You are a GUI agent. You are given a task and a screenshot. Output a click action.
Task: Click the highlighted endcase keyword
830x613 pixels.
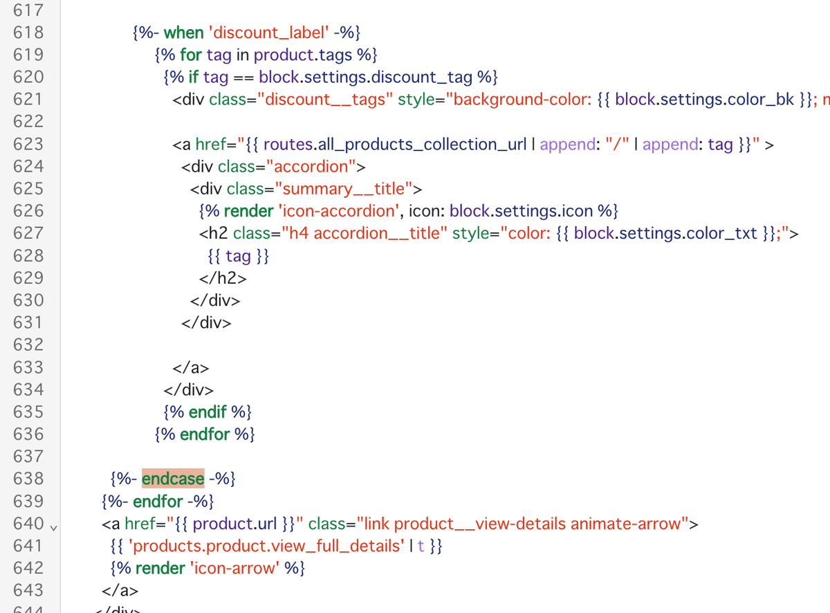[x=173, y=479]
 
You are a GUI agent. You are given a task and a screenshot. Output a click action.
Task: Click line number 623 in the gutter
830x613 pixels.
[x=28, y=144]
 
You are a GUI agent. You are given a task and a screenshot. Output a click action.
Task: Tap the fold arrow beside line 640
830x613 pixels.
[x=53, y=528]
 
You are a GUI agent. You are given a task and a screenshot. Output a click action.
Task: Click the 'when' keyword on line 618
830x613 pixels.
[x=183, y=33]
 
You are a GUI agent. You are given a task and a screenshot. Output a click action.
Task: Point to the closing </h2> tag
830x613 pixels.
[x=223, y=278]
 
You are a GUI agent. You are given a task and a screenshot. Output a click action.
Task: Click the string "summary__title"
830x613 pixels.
[x=344, y=189]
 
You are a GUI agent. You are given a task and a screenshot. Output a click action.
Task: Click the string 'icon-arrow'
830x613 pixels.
[x=234, y=568]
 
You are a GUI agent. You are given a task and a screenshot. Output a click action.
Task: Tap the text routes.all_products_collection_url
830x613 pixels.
[x=395, y=145]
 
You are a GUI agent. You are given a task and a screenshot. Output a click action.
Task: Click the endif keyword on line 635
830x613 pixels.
[x=207, y=412]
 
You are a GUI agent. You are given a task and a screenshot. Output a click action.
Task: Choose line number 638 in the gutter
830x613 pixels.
[x=28, y=479]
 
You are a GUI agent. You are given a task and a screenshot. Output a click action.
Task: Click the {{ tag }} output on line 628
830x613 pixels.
[x=239, y=256]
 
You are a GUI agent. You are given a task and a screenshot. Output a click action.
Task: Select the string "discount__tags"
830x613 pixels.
[x=325, y=100]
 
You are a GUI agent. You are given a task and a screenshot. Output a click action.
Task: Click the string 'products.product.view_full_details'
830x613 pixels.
[x=266, y=546]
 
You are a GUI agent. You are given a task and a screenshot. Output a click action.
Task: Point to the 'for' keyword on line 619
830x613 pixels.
[x=191, y=55]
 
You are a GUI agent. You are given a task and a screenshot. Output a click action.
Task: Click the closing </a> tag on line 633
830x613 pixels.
[x=190, y=367]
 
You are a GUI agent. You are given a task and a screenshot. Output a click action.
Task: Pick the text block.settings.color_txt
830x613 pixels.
[x=665, y=234]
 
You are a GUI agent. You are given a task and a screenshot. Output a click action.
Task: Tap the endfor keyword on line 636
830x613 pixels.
[x=205, y=434]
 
